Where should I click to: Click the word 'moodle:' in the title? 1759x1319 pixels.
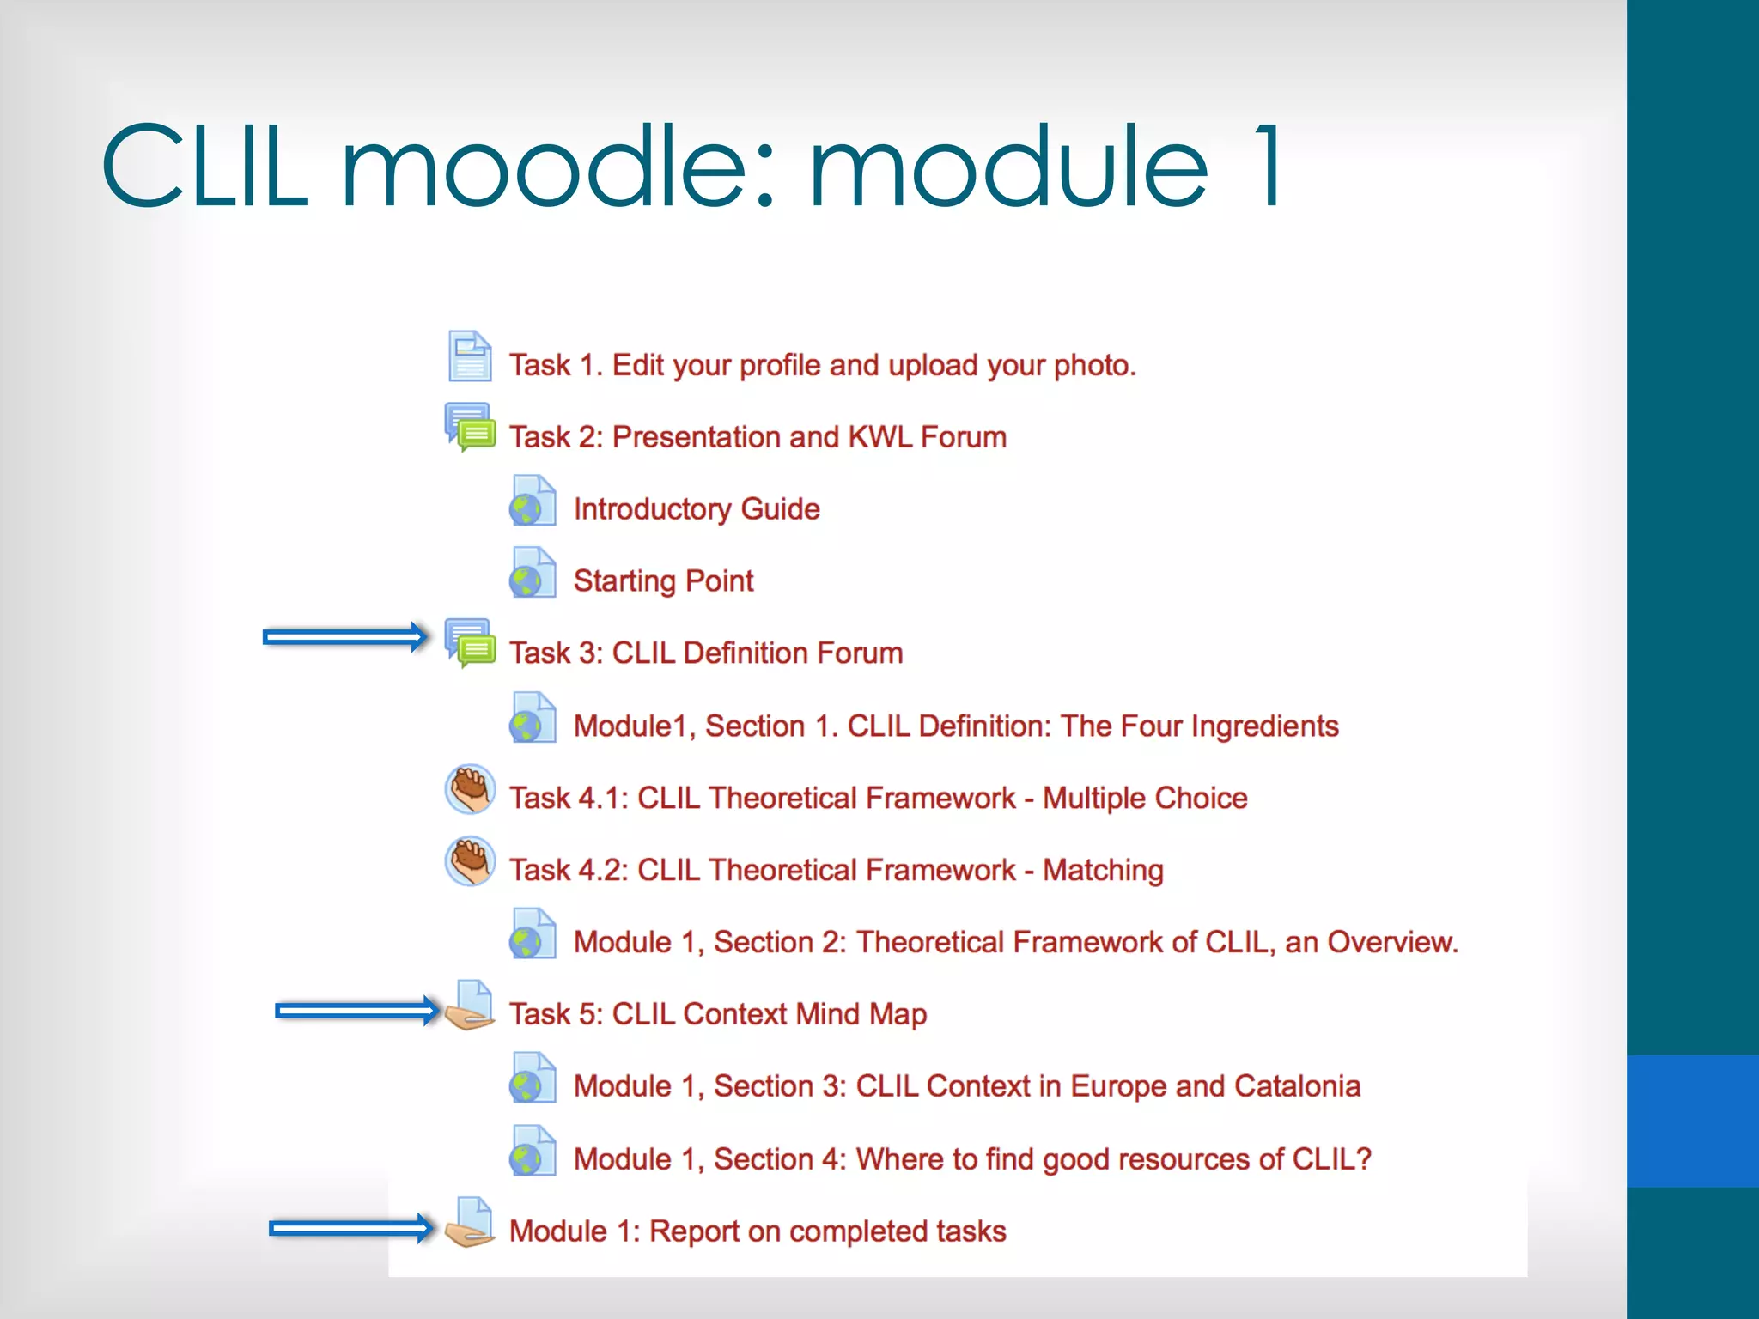558,167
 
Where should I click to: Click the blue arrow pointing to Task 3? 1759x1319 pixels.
344,637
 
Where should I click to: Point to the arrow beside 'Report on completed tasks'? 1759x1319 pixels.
351,1229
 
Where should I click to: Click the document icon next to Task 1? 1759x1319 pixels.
470,356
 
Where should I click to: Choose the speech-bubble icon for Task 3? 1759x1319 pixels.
470,643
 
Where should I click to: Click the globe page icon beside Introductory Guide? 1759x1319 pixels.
533,501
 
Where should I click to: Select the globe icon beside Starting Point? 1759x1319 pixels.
533,573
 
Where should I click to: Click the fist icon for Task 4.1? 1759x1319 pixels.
470,789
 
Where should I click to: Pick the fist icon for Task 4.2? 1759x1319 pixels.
470,861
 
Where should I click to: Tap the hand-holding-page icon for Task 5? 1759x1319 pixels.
470,1006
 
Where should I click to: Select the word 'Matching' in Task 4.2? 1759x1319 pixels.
1103,870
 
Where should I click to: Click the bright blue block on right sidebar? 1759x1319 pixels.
1692,1121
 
